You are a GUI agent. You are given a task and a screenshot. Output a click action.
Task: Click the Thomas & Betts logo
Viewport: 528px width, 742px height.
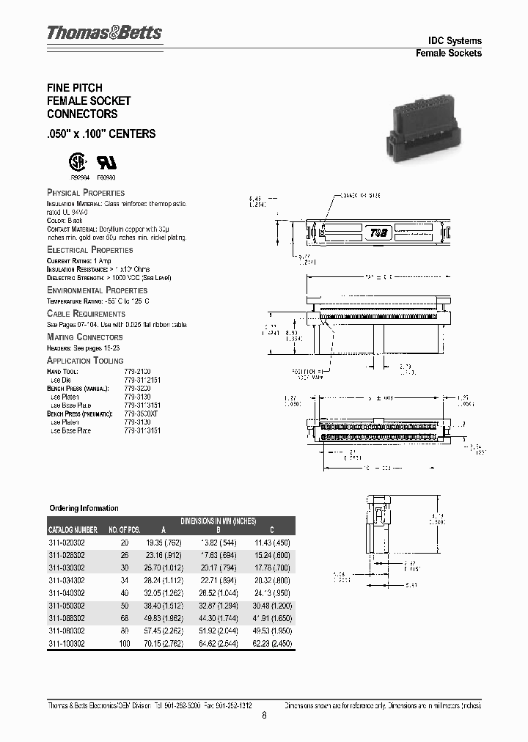coord(104,33)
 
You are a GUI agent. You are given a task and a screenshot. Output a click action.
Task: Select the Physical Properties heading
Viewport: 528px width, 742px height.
coord(86,193)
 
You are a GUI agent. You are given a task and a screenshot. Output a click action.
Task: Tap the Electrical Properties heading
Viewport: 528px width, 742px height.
coord(89,250)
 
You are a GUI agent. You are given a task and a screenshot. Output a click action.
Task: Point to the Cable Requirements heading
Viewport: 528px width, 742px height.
coord(86,314)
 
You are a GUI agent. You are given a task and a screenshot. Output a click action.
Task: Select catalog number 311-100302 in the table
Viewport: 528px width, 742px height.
coord(67,643)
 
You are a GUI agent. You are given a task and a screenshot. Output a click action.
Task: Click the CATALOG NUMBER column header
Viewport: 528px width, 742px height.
coord(73,529)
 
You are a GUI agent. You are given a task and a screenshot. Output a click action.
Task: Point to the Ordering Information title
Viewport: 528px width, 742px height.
coord(84,508)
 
